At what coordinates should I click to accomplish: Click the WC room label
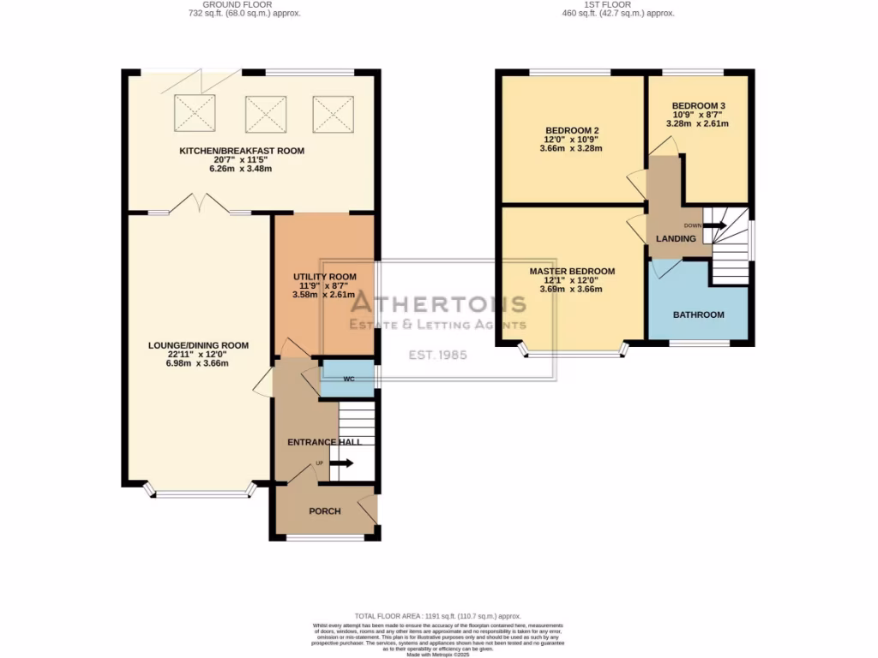tap(348, 378)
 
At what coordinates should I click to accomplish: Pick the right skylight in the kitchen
tap(333, 112)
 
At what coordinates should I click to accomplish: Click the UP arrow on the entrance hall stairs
tap(340, 464)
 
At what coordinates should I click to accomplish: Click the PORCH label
tap(325, 511)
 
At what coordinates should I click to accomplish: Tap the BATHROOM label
tap(698, 314)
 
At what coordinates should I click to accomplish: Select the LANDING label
tap(676, 238)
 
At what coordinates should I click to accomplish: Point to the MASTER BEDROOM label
tap(572, 272)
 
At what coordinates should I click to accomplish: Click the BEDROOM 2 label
tap(571, 130)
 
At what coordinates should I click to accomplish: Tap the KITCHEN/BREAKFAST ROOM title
tap(241, 151)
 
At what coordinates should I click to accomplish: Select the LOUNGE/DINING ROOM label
tap(198, 346)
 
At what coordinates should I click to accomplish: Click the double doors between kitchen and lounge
tap(199, 205)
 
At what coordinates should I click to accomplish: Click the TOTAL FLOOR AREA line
tap(438, 616)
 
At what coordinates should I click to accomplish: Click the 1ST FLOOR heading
tap(620, 4)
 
